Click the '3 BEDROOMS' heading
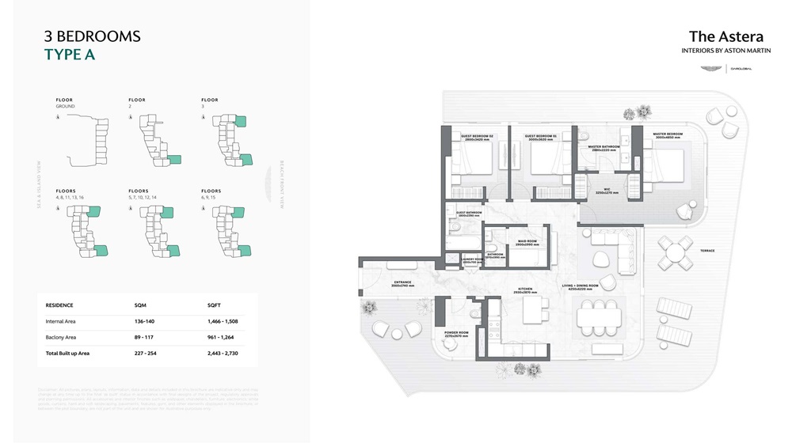(x=92, y=36)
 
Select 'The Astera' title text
(x=725, y=36)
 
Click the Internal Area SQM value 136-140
(x=146, y=321)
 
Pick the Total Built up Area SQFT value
(x=223, y=353)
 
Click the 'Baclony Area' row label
(x=61, y=337)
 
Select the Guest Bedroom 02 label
(x=477, y=138)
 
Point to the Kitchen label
(x=525, y=290)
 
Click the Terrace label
(x=706, y=251)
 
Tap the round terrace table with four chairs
(x=677, y=254)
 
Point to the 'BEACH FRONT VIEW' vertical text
(x=281, y=183)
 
